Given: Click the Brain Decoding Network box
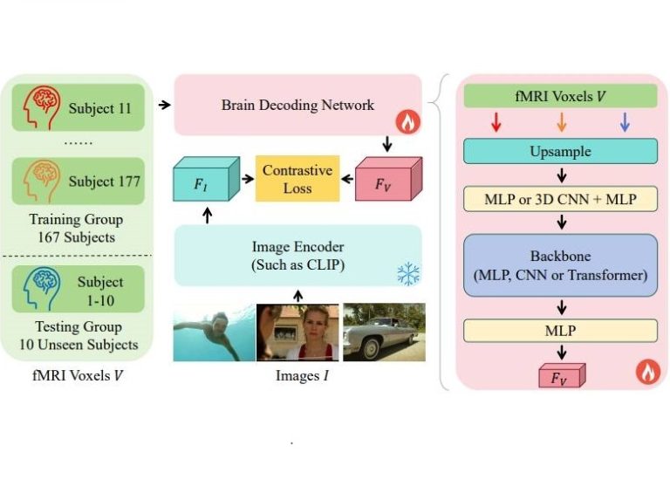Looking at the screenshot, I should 297,105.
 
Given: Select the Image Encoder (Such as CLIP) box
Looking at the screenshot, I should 297,255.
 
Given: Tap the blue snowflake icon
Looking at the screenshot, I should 407,274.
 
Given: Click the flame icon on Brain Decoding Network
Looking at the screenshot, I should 407,123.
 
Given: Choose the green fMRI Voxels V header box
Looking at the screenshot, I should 559,95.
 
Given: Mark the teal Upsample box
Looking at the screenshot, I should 559,151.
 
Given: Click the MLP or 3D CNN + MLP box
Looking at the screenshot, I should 559,199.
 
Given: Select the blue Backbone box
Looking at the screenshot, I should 559,264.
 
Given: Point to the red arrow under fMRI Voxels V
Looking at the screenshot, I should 496,123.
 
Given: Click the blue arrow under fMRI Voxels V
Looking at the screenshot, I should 624,123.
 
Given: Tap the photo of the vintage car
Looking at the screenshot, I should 384,332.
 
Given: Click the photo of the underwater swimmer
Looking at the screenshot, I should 213,332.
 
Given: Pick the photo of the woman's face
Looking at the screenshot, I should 297,332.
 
